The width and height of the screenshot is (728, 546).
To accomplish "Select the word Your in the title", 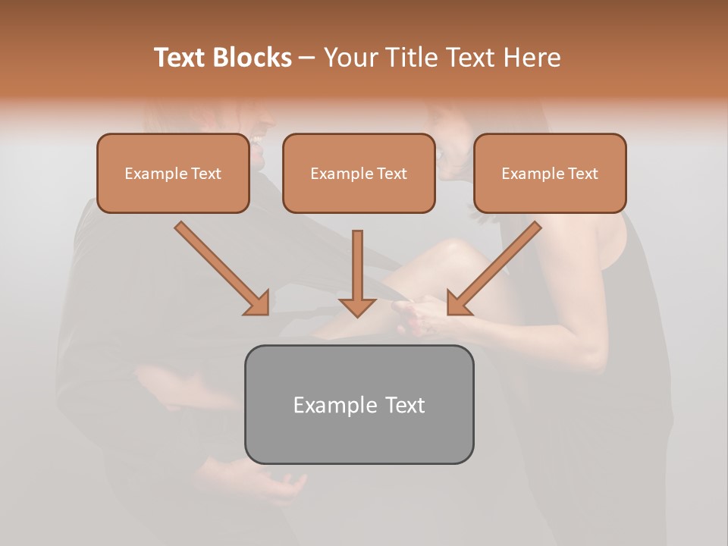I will [x=353, y=58].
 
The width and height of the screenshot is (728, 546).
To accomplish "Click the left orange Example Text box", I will [x=173, y=174].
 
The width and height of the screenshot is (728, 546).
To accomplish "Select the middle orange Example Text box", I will [x=359, y=174].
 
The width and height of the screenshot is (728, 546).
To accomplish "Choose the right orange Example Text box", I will [x=550, y=174].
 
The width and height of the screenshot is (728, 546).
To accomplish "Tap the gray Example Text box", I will [x=359, y=404].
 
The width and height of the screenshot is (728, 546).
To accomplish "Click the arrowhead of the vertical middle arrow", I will [x=357, y=306].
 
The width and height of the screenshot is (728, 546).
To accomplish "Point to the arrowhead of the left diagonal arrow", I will [x=257, y=303].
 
